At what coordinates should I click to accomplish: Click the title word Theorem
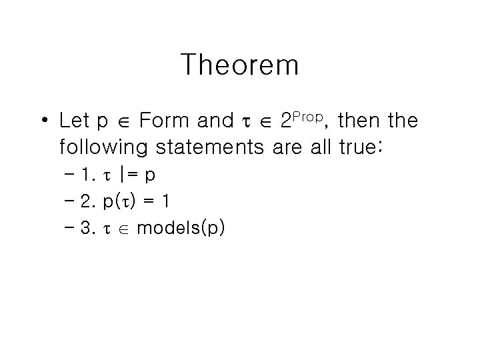239,65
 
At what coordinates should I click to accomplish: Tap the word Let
75,121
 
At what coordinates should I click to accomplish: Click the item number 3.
86,229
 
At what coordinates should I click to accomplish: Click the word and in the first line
215,121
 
